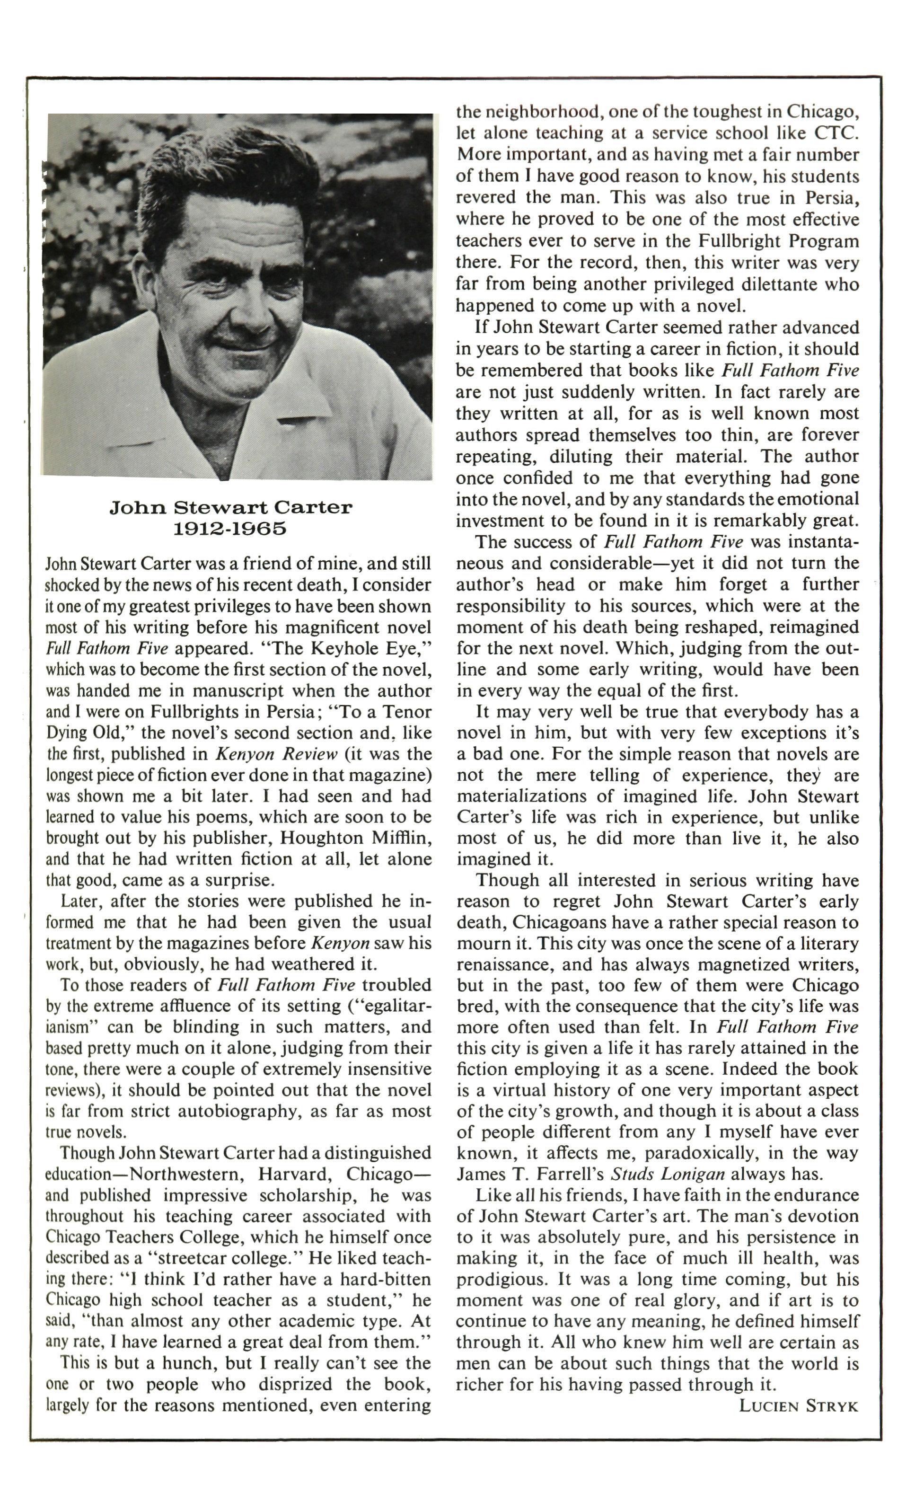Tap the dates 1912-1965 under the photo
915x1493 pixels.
[230, 529]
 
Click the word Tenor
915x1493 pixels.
[410, 712]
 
